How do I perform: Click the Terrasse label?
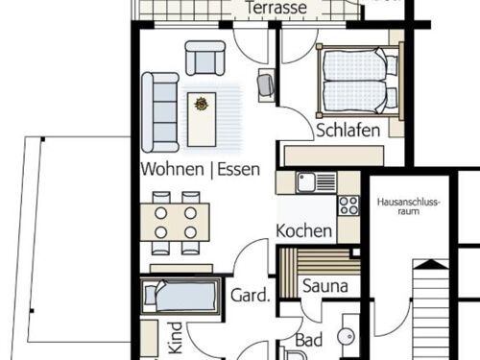coord(276,8)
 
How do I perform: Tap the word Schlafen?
coord(348,131)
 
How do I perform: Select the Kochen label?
coord(303,230)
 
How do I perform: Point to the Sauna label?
coord(325,286)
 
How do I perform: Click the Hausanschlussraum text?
coord(409,206)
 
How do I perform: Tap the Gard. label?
coord(251,295)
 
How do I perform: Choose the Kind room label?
coord(177,338)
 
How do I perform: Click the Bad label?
coord(308,340)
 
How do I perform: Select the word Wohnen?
coord(172,169)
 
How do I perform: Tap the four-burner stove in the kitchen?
coord(348,205)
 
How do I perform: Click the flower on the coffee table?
coord(202,104)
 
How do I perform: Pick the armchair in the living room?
coord(205,58)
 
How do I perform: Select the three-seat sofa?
coord(160,112)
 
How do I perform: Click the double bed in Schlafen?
coord(359,81)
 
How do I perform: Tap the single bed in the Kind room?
coord(180,296)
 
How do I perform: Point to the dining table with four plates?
coord(175,223)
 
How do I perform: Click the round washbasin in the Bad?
coord(347,337)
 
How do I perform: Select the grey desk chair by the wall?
coord(266,85)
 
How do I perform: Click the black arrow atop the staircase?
coord(431,264)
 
